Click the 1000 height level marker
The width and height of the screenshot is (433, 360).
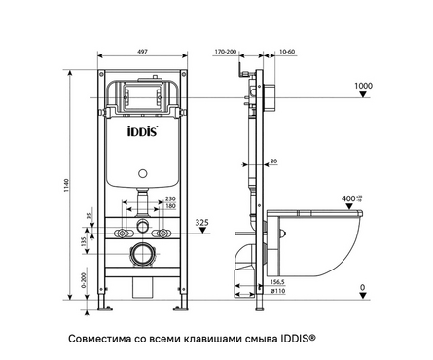coord(362,86)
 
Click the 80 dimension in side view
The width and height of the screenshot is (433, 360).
coord(274,161)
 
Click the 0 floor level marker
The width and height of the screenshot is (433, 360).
coord(362,286)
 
